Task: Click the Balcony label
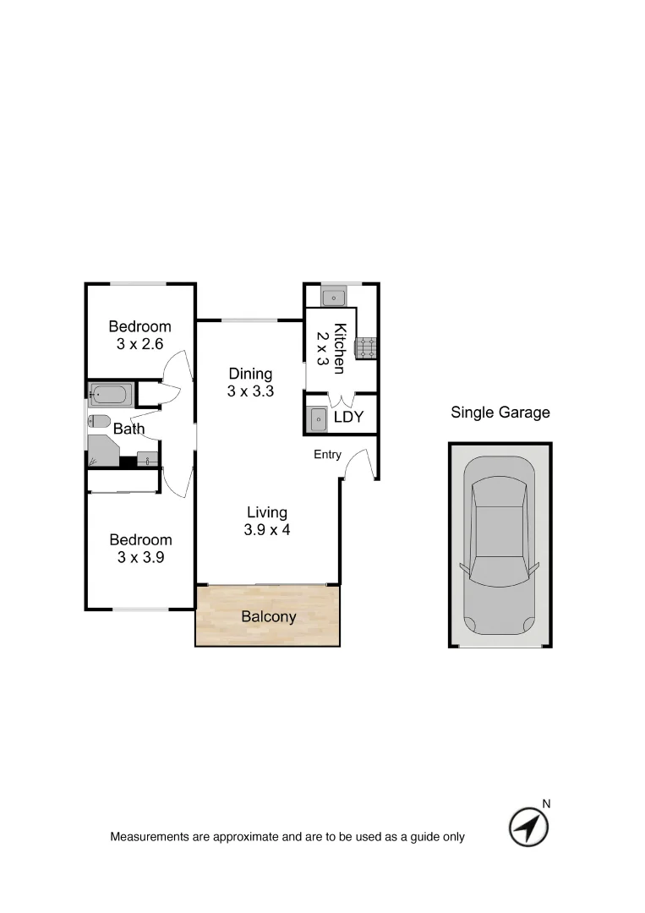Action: click(x=269, y=616)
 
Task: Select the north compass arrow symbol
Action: click(x=528, y=827)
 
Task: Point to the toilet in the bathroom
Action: click(x=99, y=421)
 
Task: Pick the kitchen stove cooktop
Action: click(x=367, y=347)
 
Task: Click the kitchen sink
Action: click(x=333, y=297)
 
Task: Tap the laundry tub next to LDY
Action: click(x=317, y=418)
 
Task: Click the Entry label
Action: click(x=327, y=455)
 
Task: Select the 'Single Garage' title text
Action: click(x=500, y=413)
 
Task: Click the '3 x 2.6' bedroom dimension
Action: click(x=139, y=344)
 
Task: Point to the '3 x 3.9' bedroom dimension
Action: click(x=139, y=557)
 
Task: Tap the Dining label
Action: click(x=250, y=374)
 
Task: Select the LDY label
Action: click(x=348, y=418)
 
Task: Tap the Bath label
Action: click(x=128, y=429)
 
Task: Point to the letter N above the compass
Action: click(x=546, y=804)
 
